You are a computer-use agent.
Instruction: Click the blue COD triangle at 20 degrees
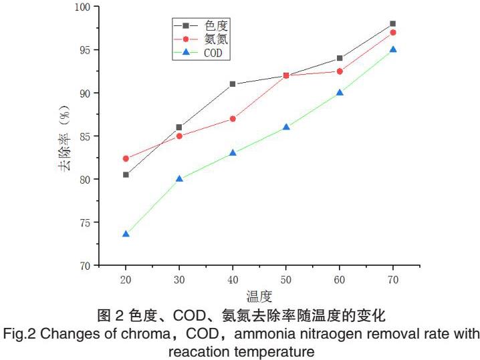tap(126, 234)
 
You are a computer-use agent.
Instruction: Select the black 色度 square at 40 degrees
tap(233, 84)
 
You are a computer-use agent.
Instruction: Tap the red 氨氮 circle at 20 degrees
tap(126, 158)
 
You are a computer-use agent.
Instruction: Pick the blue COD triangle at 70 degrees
tap(393, 49)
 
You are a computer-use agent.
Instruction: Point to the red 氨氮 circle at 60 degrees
tap(340, 71)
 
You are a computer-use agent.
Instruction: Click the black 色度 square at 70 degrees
tap(393, 23)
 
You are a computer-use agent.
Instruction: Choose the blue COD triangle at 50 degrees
tap(286, 127)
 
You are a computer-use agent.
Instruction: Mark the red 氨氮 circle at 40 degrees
tap(233, 119)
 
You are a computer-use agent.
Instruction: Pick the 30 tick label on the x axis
tap(179, 279)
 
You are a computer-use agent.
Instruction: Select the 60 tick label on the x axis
tap(340, 279)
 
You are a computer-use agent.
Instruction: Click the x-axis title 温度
tap(260, 295)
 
